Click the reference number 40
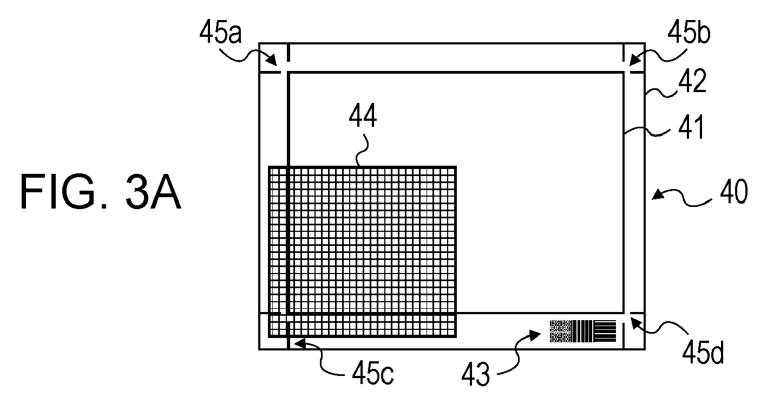coord(731,193)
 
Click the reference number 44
coord(363,116)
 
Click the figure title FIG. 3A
coord(101,193)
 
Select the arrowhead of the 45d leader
coord(634,321)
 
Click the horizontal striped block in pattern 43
coord(605,331)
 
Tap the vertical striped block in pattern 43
coord(583,331)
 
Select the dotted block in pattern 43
coord(561,331)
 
